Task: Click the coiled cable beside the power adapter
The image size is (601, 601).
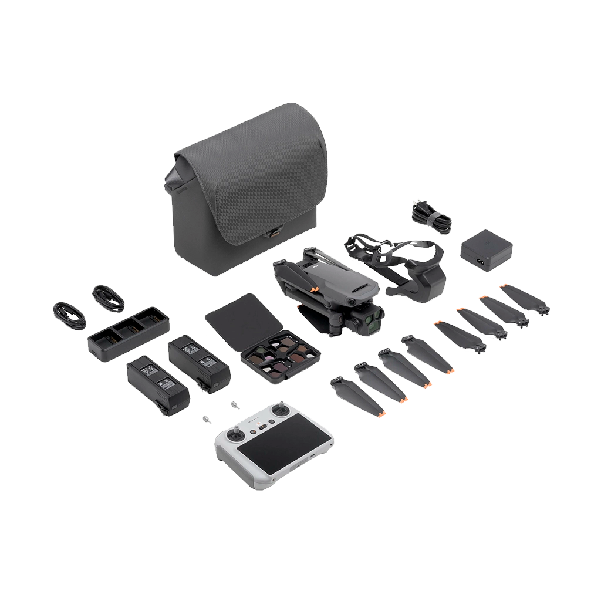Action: pos(431,215)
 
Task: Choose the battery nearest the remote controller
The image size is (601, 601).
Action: pos(158,384)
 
